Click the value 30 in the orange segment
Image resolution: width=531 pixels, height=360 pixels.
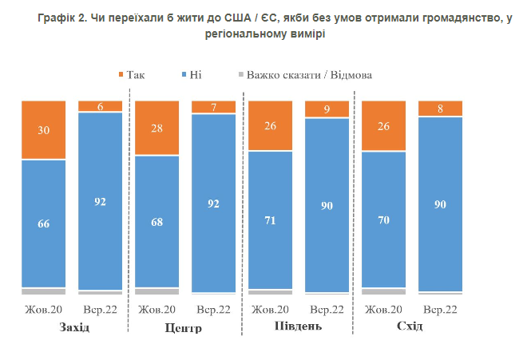[43, 130]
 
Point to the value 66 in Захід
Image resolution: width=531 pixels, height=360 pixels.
[43, 224]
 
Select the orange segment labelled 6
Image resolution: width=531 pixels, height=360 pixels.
[100, 106]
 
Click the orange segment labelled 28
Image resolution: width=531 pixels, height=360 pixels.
[157, 129]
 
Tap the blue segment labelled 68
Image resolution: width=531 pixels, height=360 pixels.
[157, 221]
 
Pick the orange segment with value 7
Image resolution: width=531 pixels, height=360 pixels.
[214, 107]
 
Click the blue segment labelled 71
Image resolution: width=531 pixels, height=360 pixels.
[270, 219]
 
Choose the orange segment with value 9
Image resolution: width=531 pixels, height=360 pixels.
[327, 109]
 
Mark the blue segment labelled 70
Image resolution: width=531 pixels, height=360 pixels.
[384, 219]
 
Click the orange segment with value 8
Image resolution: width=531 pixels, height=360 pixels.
[441, 109]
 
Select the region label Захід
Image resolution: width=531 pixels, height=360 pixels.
[73, 328]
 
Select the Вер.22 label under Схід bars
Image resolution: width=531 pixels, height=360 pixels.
[440, 309]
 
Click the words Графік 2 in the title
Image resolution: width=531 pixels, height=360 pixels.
[61, 18]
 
